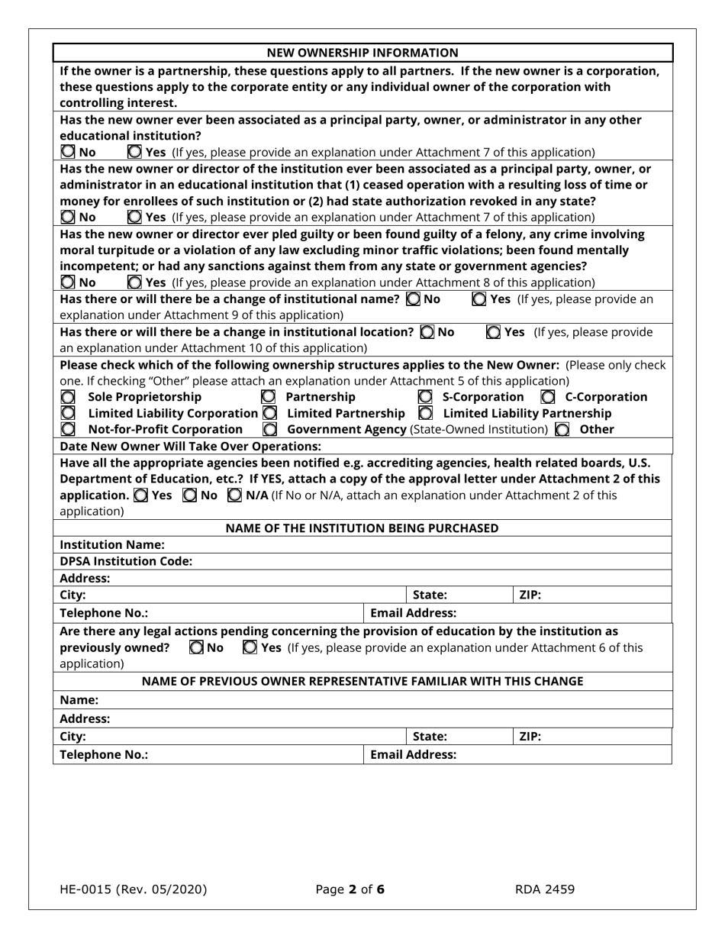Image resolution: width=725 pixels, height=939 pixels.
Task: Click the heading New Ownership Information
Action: (x=362, y=53)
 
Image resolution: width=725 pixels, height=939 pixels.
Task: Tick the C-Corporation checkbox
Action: (x=548, y=397)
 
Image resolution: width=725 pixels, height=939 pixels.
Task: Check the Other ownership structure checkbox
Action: (x=562, y=430)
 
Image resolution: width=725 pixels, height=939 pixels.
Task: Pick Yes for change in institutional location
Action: (x=494, y=332)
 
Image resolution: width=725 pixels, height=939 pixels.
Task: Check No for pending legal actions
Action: (x=196, y=648)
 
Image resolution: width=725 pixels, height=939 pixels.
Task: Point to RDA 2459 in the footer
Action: (x=544, y=889)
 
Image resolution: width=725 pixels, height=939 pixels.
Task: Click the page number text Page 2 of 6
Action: (x=350, y=889)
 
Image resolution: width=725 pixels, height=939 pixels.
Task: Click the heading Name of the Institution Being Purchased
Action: (x=362, y=528)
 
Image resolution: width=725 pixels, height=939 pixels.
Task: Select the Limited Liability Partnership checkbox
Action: (x=427, y=413)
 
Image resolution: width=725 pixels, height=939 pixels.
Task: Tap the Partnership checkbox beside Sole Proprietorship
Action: (x=269, y=397)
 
